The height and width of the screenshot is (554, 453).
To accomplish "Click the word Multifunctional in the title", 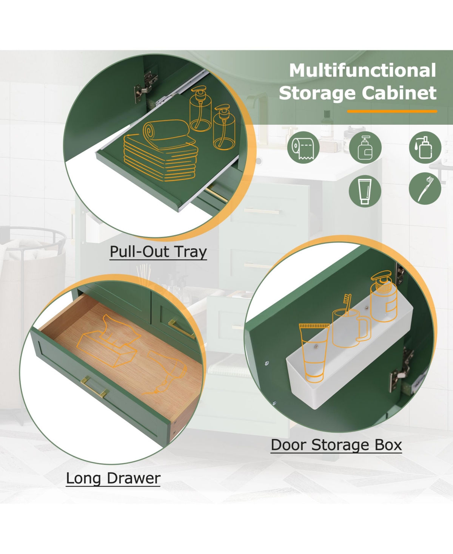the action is coord(362,70).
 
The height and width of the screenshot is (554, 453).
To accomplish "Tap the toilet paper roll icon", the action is coord(303,147).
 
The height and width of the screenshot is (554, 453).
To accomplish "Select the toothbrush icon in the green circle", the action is coord(425,189).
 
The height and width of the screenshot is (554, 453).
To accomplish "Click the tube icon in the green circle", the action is coord(365,191).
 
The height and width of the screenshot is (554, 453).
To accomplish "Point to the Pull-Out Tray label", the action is coord(158,252).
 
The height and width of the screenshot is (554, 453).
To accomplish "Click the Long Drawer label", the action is coord(113,478).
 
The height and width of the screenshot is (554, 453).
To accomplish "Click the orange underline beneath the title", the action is coord(392,111).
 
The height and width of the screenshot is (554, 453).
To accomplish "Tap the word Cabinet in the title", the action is coord(399,93).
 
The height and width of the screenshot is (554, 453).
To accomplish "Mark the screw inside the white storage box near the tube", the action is coord(316,347).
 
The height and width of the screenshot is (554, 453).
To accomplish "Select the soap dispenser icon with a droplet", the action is coord(425,147).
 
